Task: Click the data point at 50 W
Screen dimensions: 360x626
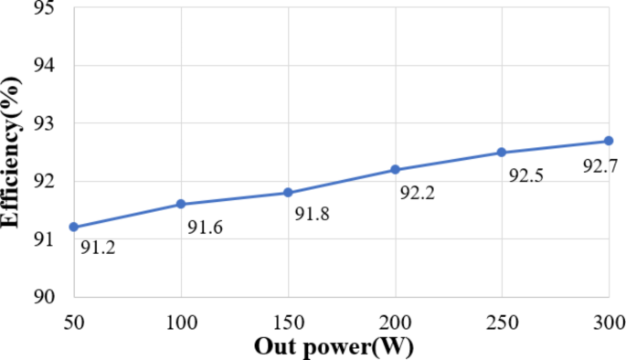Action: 73,227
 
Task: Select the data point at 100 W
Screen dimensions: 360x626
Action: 181,204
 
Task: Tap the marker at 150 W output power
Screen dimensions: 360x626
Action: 288,192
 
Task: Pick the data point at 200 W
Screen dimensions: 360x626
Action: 395,169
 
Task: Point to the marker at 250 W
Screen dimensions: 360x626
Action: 502,152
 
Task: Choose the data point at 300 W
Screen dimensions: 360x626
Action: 609,141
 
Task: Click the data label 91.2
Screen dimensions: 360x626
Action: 97,246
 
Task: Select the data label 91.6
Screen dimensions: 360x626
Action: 206,227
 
